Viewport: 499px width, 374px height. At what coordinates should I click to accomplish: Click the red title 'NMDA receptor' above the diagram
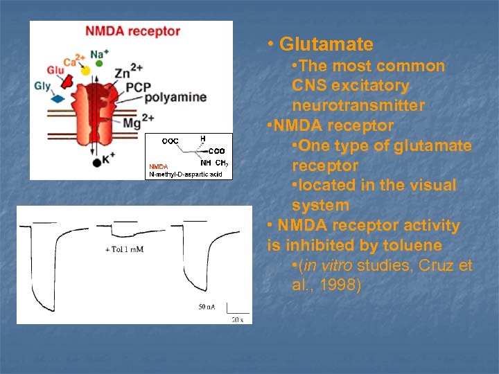click(x=132, y=32)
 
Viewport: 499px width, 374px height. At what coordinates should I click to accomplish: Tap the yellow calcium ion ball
click(x=85, y=70)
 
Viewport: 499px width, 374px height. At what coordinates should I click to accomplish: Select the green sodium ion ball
click(x=99, y=64)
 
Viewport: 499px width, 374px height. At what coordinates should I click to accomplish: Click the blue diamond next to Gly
click(x=58, y=98)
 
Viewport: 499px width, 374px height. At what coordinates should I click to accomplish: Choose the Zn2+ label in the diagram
click(x=129, y=71)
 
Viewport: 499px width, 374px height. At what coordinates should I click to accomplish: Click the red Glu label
click(x=55, y=70)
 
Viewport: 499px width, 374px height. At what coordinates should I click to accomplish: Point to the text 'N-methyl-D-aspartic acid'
click(x=186, y=174)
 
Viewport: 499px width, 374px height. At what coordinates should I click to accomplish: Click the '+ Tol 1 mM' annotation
click(x=124, y=249)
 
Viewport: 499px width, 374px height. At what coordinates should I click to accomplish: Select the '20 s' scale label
click(x=236, y=319)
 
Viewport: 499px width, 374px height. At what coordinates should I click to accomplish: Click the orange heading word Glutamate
click(x=326, y=45)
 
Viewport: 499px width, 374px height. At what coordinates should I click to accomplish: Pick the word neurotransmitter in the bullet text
click(x=358, y=106)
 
